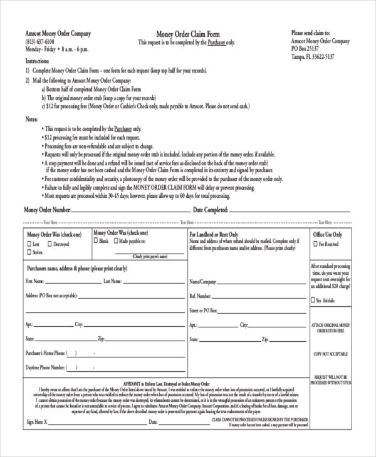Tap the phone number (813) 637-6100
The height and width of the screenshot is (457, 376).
click(x=40, y=41)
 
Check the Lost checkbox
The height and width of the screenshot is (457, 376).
click(x=29, y=244)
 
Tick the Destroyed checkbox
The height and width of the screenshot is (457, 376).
click(x=49, y=244)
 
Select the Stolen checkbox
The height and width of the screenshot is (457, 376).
click(x=29, y=252)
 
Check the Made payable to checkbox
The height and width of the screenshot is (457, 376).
click(x=116, y=240)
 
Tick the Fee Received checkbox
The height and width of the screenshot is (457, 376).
click(x=316, y=244)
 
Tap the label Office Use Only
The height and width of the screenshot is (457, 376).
click(x=328, y=234)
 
